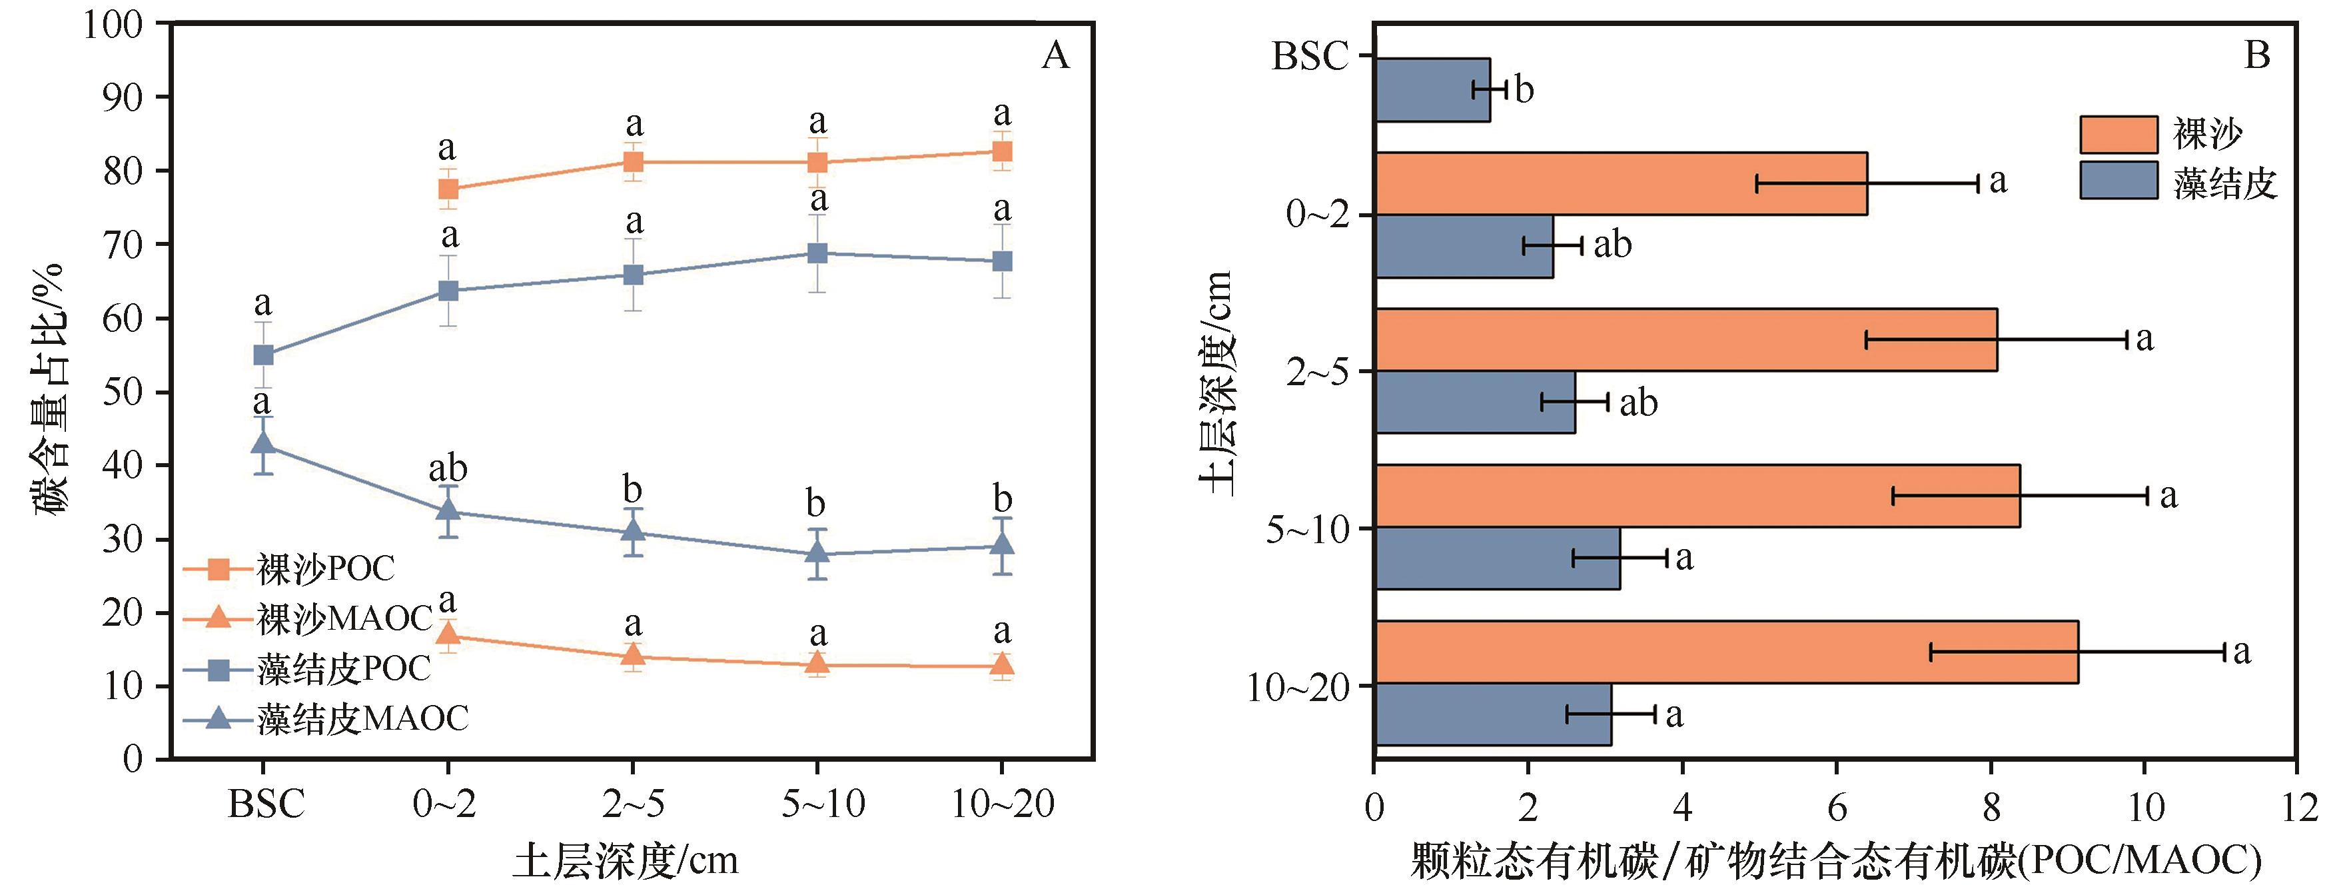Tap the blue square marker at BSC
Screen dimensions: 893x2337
[263, 355]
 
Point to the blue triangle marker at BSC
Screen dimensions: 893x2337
[263, 444]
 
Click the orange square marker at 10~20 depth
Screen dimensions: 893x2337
[1001, 151]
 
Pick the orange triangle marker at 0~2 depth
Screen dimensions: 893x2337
[447, 634]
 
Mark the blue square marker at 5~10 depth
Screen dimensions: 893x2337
[817, 253]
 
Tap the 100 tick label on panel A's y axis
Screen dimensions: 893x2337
[113, 25]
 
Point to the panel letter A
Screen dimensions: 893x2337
[1055, 56]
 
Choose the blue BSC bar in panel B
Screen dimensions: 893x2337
[1432, 90]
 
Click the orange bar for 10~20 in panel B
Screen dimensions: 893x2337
[1727, 652]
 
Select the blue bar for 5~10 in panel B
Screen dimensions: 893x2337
[1498, 558]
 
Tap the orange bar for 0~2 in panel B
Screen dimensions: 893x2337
[1622, 183]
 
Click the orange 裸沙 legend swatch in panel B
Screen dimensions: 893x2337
[2118, 135]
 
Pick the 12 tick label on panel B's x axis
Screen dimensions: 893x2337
[2297, 808]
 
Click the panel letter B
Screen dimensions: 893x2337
[2257, 56]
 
